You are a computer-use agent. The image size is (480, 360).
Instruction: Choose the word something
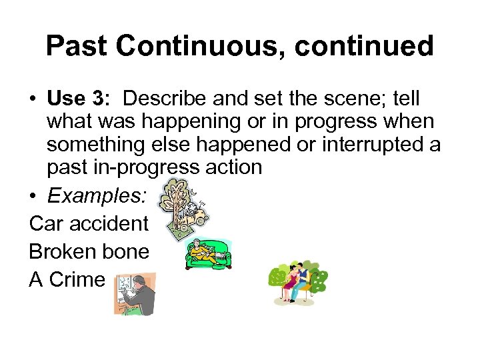point(97,144)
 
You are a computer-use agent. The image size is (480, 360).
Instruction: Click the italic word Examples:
point(100,197)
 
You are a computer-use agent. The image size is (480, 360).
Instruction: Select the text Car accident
point(89,223)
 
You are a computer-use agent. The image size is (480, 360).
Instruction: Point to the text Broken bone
point(89,251)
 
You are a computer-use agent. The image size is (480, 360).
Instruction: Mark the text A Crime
point(67,279)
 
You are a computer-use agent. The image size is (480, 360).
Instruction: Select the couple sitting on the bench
point(297,283)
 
